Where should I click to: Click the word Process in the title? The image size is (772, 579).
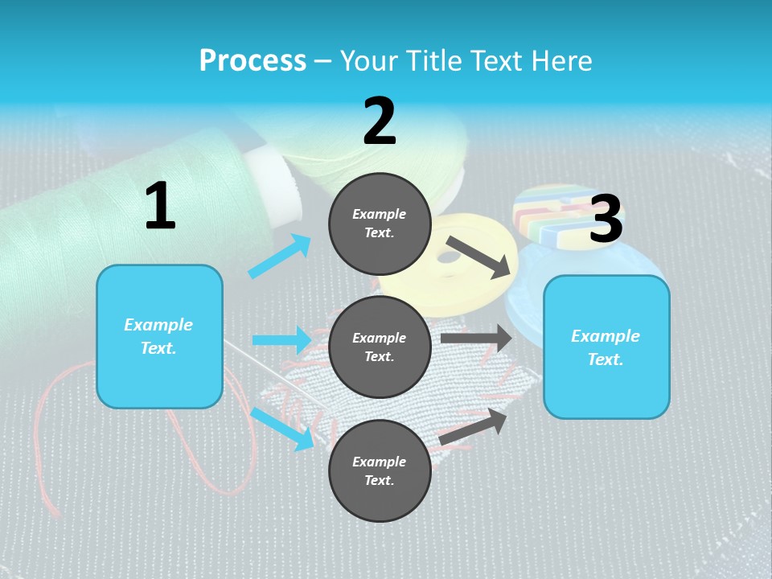click(x=253, y=61)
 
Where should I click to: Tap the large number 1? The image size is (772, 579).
click(x=160, y=207)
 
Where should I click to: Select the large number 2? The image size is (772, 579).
click(x=380, y=121)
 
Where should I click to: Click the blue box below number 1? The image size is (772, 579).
click(x=159, y=336)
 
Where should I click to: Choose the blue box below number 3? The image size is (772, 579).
click(x=606, y=347)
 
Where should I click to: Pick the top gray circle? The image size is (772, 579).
click(x=380, y=224)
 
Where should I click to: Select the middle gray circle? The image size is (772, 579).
click(x=380, y=347)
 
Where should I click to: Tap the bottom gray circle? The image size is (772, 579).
click(x=380, y=470)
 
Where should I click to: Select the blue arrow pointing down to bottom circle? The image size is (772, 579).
click(x=282, y=428)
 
